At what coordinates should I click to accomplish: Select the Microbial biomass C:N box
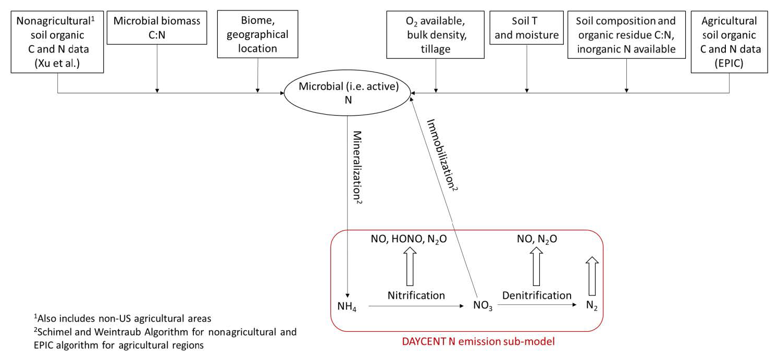(x=157, y=28)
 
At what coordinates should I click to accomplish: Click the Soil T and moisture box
(x=527, y=28)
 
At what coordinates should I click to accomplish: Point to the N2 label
(x=591, y=305)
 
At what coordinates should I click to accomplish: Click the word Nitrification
(x=416, y=295)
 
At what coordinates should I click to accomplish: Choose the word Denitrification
(x=537, y=295)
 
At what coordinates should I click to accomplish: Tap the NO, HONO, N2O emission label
(x=409, y=239)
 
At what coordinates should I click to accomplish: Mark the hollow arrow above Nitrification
(x=409, y=266)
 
